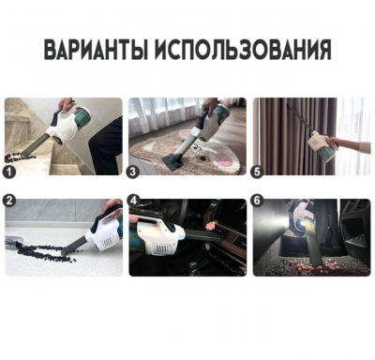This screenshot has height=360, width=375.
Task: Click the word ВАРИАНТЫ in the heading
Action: (96, 51)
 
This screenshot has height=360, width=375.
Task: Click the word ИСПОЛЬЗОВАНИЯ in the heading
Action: (243, 51)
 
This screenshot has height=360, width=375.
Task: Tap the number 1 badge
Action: (9, 172)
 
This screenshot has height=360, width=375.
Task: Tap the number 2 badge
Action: (9, 200)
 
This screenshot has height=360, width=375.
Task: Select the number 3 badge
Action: (133, 172)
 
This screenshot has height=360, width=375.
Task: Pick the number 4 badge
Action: (133, 200)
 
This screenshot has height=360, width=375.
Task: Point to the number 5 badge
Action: (258, 172)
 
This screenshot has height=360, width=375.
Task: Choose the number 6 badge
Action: (258, 200)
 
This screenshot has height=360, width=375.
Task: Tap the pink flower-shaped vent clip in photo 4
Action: (208, 224)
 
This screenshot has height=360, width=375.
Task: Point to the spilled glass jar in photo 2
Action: (13, 243)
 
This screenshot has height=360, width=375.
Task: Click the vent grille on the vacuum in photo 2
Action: (107, 242)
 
